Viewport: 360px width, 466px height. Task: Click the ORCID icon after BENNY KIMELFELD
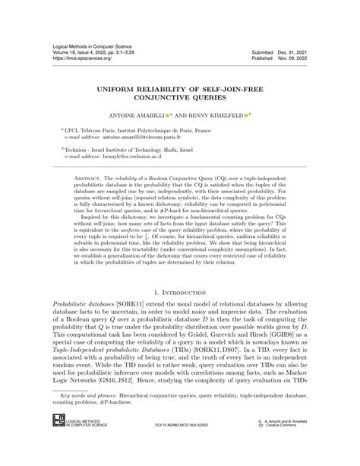(x=253, y=116)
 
